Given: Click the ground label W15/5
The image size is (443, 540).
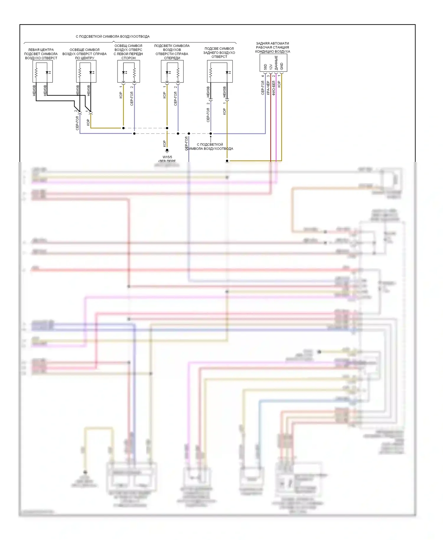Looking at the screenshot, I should click(167, 157).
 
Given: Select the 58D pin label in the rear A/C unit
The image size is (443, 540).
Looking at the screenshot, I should click(266, 67).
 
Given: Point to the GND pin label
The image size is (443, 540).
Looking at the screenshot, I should click(282, 66).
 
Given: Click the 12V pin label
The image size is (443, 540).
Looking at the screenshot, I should click(271, 67).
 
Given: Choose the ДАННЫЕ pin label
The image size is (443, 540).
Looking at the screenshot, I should click(276, 63).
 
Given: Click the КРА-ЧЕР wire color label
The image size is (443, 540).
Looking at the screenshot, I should click(268, 88).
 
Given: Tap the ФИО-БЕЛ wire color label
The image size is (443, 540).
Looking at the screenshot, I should click(274, 88).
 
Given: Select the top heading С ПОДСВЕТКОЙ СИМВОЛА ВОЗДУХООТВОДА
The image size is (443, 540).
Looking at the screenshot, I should click(113, 37).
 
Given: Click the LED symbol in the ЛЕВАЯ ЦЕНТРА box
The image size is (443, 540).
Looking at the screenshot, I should click(48, 72).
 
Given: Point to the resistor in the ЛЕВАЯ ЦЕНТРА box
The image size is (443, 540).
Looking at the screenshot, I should click(36, 73).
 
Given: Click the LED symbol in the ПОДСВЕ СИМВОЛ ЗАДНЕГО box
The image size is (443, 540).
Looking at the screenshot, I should click(228, 72).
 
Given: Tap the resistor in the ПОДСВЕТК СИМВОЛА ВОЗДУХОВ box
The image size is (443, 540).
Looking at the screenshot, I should click(178, 73).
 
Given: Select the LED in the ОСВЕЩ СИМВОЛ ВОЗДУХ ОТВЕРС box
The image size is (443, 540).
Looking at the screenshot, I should click(124, 72).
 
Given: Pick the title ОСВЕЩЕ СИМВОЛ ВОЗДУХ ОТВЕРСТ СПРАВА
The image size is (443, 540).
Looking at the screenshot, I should click(84, 54).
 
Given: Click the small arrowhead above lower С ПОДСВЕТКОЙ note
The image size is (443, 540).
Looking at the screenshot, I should click(211, 137).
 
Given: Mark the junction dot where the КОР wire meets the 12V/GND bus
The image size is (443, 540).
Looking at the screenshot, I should click(227, 161).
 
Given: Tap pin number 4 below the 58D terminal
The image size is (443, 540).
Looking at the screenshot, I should click(263, 76).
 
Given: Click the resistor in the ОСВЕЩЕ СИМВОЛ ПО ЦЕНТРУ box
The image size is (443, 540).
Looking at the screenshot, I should click(80, 73).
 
